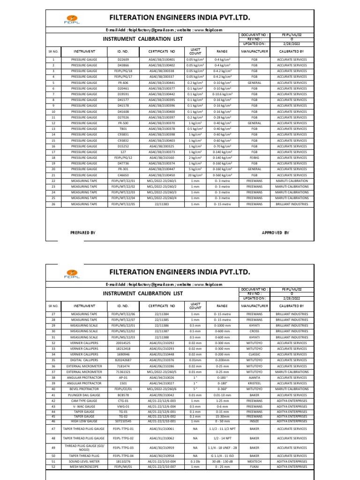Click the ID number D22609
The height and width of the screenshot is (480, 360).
tap(122, 60)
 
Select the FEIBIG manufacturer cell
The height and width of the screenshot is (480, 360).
tap(255, 157)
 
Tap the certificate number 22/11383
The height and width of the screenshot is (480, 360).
tap(161, 204)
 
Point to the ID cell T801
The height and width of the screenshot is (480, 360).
tap(122, 129)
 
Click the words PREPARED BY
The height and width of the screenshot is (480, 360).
tap(83, 232)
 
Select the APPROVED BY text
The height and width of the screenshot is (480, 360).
tap(275, 232)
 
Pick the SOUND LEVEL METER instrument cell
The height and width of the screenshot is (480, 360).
tap(84, 461)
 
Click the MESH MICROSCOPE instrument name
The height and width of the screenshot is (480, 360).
tap(84, 467)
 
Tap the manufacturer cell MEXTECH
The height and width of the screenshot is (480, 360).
tap(255, 461)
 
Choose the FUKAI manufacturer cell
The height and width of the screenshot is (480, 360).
tap(255, 467)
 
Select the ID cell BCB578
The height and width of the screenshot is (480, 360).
tap(123, 395)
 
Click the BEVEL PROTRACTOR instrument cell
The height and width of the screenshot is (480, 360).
tap(84, 389)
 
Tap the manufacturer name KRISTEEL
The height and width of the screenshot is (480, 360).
tap(255, 383)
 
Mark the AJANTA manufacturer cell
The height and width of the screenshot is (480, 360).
tap(255, 377)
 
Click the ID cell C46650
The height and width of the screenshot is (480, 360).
tap(122, 175)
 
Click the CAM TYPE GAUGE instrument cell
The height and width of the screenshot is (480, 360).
tap(84, 400)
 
